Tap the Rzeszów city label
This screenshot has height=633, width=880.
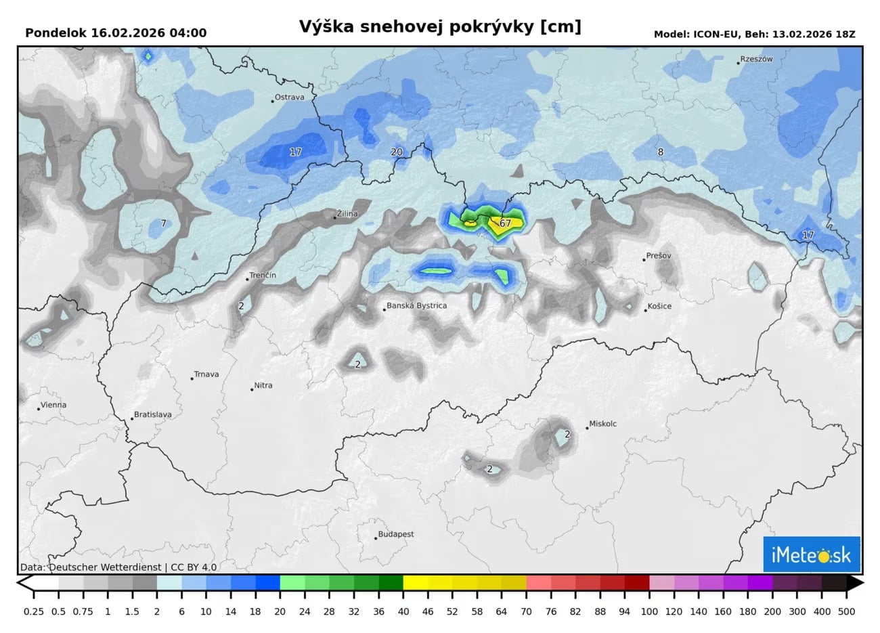tap(756, 59)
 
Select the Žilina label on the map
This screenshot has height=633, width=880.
tap(347, 214)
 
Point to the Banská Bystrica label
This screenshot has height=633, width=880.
tap(417, 305)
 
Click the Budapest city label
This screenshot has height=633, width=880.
tap(395, 534)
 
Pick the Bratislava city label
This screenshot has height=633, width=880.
tap(152, 414)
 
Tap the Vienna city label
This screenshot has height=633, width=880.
tap(53, 405)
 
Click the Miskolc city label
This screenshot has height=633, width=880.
tap(602, 424)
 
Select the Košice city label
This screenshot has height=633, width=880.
tap(659, 306)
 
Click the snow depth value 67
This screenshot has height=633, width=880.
tap(505, 223)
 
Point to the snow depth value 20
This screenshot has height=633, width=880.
tap(397, 152)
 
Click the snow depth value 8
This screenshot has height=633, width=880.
tap(661, 152)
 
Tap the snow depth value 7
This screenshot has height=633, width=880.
tap(163, 223)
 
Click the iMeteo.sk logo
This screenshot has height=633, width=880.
tap(811, 555)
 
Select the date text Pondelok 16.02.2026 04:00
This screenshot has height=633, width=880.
tap(116, 33)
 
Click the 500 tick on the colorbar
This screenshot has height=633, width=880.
tap(846, 611)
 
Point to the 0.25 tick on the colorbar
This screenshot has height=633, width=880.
tap(33, 611)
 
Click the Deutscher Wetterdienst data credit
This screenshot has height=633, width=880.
tap(118, 567)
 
